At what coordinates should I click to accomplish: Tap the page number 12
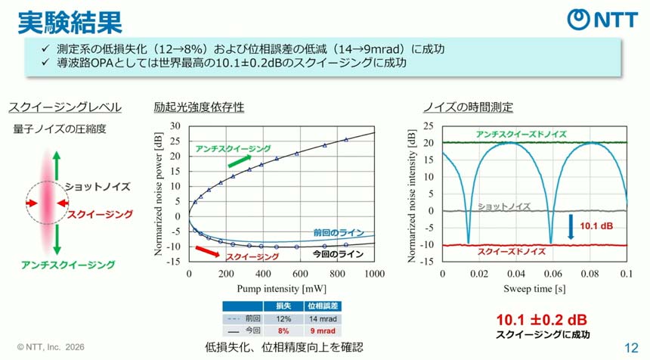pos(631,347)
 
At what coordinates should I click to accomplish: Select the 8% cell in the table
pos(283,331)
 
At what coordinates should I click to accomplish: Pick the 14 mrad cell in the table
pos(321,318)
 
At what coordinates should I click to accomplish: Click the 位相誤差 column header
pos(321,306)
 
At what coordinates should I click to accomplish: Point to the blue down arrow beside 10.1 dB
pos(571,226)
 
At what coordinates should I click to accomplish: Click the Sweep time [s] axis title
pos(534,289)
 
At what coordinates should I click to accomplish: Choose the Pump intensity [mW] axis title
pos(281,289)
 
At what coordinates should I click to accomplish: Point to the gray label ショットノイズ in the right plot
pos(504,206)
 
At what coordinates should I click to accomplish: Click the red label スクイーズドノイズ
pos(512,251)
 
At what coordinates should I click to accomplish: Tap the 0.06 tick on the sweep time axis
pos(552,273)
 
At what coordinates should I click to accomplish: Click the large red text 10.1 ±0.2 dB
pos(542,319)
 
